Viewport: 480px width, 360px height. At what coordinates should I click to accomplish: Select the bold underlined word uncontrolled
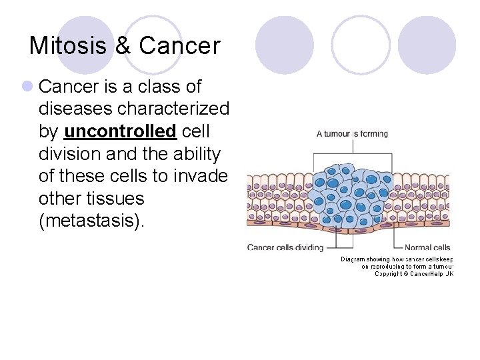(120, 131)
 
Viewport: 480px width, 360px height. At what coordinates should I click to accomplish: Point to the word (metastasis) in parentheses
(91, 221)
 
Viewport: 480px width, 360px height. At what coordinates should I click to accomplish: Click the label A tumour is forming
(352, 134)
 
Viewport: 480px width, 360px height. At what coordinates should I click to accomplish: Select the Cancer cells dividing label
(285, 247)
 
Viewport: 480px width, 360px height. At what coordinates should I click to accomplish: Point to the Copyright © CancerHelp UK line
(413, 273)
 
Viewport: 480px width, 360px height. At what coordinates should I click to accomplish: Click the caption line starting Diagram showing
(397, 259)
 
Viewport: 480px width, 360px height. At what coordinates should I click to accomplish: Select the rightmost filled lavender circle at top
(427, 45)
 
